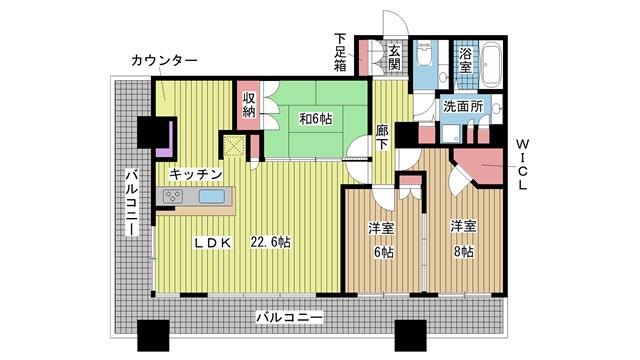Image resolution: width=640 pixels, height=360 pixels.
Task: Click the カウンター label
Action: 164,61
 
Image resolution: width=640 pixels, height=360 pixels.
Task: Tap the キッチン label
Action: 196,175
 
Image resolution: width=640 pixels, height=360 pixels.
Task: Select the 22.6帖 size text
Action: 271,242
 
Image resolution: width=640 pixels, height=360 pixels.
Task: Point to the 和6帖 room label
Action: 316,119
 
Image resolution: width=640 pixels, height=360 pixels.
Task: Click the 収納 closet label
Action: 249,104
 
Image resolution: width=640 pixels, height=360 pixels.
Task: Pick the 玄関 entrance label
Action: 394,57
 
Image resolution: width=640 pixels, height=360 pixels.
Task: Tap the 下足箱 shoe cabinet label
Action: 340,52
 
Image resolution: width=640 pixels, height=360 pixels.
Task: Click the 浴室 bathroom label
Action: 465,60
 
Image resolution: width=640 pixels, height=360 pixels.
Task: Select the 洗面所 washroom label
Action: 463,107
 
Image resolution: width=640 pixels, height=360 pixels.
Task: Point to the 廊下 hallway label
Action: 382,137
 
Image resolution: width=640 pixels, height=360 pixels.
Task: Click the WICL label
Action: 522,164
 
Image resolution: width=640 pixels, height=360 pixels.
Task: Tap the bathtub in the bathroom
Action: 491,64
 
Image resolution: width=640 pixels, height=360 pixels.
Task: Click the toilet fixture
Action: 424,54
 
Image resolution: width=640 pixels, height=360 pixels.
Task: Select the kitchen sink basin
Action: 211,196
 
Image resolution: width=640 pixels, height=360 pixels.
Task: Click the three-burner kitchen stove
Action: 173,196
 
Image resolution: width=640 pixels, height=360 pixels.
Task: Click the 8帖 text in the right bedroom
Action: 464,252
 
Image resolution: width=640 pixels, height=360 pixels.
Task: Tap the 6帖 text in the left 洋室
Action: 384,253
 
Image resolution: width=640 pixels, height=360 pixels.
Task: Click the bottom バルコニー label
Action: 290,317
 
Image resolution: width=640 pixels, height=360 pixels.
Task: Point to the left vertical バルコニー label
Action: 131,202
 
